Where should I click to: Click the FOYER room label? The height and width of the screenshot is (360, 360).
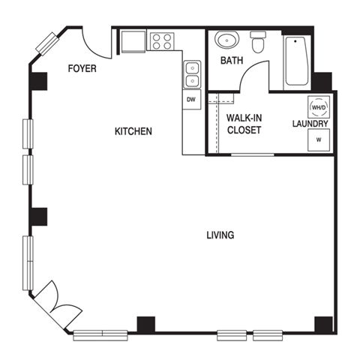click(x=82, y=68)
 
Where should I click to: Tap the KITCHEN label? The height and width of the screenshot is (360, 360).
click(x=133, y=131)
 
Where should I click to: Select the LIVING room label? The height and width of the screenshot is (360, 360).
click(x=220, y=235)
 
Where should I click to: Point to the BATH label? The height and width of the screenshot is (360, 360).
click(x=232, y=60)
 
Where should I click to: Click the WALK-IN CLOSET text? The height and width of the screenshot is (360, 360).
click(x=244, y=124)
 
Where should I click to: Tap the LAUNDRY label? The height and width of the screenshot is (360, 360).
click(x=310, y=124)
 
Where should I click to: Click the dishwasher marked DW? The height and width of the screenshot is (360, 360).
click(x=191, y=99)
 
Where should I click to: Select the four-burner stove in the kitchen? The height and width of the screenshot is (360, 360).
click(x=162, y=41)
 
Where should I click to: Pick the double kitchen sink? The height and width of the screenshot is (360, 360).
click(x=192, y=74)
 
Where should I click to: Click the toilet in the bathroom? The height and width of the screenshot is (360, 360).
click(x=258, y=42)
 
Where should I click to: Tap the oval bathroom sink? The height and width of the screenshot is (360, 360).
click(x=226, y=40)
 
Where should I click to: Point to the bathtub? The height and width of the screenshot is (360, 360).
click(x=297, y=61)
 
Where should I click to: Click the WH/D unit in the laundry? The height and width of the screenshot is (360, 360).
click(x=319, y=107)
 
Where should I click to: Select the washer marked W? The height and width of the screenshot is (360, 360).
click(x=319, y=140)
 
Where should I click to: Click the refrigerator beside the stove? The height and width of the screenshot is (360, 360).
click(x=133, y=41)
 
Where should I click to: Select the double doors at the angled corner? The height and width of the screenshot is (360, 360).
click(x=58, y=305)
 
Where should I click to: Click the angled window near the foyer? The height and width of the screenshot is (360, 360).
click(x=47, y=44)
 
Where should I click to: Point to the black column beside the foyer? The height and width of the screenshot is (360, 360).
click(x=38, y=81)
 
